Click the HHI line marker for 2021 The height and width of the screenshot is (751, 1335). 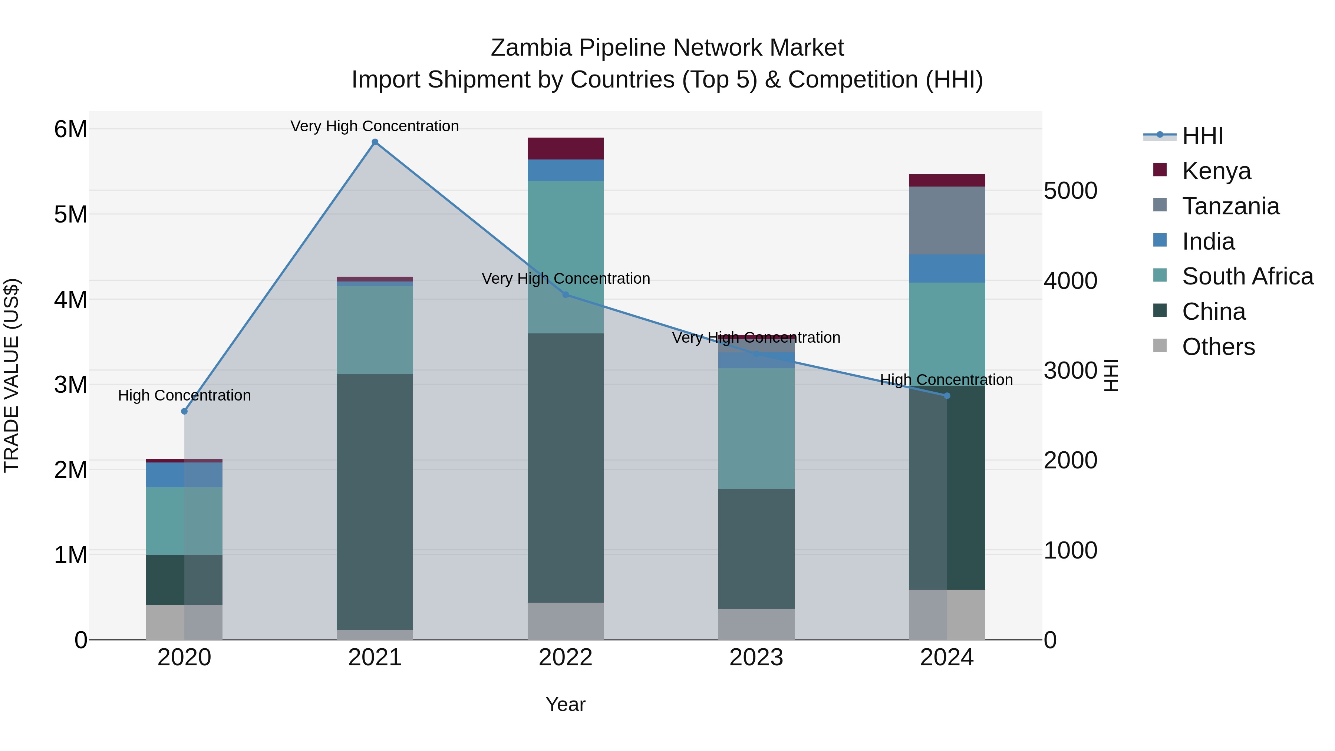click(x=375, y=142)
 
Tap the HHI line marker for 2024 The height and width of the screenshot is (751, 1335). click(x=946, y=395)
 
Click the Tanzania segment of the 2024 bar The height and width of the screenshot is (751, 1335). click(x=946, y=220)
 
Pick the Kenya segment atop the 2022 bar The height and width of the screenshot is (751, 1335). click(x=566, y=149)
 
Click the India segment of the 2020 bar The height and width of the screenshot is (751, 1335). click(x=184, y=475)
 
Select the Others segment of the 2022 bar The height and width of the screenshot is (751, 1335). click(x=566, y=620)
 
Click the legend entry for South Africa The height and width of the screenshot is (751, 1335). click(x=1247, y=276)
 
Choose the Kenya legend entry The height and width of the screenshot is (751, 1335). click(x=1216, y=171)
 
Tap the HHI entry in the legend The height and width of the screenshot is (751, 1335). click(x=1202, y=136)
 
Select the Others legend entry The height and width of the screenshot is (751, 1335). click(x=1218, y=347)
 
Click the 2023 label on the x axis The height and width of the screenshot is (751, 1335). click(x=756, y=658)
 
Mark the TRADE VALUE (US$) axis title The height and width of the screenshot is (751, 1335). click(x=11, y=375)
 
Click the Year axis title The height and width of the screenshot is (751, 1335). click(x=566, y=704)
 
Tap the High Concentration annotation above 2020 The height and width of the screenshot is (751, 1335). click(x=184, y=395)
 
